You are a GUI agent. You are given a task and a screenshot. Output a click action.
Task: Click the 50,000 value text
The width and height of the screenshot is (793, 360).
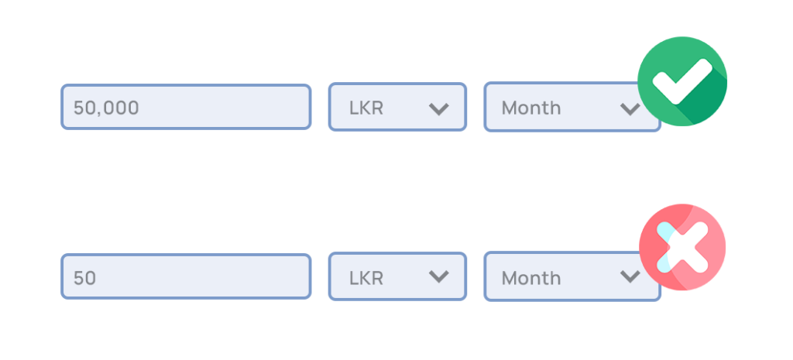pos(106,108)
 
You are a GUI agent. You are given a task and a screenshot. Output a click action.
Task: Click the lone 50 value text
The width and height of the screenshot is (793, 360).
pos(84,278)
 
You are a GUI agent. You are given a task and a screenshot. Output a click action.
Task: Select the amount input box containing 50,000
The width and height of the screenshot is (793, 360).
pos(186,107)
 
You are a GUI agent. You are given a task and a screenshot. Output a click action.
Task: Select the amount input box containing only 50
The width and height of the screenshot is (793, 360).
pos(186,276)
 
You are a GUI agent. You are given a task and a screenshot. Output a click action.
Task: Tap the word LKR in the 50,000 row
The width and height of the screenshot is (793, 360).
pos(366,108)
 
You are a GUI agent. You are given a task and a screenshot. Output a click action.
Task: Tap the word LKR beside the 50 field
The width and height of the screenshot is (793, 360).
pos(366,278)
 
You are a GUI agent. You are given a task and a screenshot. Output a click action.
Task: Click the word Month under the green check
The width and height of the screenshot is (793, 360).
pos(531,108)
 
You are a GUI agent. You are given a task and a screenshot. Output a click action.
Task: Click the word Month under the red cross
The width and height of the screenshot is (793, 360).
pos(531,278)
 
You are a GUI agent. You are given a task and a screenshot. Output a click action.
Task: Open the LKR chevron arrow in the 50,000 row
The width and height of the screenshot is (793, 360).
pos(438,108)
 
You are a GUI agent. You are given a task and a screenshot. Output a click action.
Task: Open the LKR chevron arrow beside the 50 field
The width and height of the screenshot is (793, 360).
pos(438,276)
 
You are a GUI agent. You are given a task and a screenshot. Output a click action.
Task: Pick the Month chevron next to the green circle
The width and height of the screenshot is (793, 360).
pos(630,108)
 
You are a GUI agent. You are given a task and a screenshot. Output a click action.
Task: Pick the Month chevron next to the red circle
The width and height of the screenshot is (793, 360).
pos(630,276)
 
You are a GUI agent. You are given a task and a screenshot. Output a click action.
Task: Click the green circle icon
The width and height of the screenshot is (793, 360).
pos(682,81)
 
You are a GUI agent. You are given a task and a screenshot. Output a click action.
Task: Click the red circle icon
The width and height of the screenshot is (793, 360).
pos(682,247)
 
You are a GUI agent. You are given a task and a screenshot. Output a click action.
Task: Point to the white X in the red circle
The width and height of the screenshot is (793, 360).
pos(682,247)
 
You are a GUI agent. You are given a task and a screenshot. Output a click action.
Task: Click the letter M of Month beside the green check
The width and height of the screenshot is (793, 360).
pos(509,108)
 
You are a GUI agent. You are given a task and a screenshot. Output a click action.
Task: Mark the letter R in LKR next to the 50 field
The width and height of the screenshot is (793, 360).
pos(377,278)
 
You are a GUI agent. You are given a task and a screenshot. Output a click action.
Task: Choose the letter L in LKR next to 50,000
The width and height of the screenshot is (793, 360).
pos(353,108)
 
